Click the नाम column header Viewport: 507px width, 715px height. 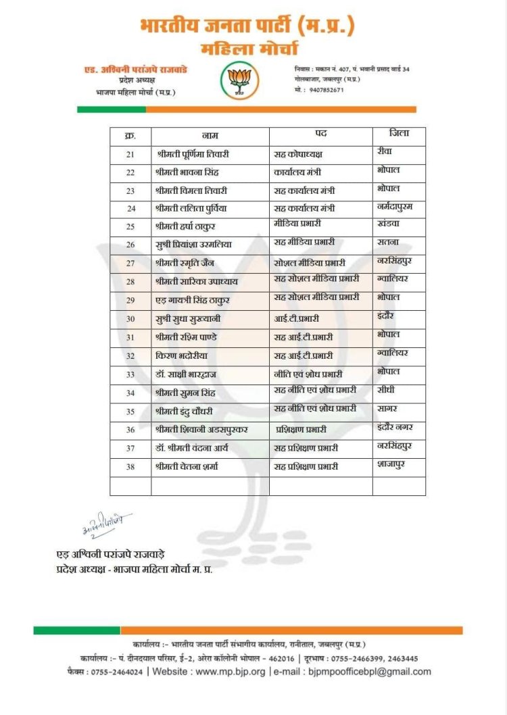pyautogui.click(x=210, y=135)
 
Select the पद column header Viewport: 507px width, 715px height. pyautogui.click(x=321, y=134)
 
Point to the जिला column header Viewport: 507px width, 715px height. pyautogui.click(x=399, y=134)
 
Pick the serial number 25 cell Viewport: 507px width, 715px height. pyautogui.click(x=130, y=226)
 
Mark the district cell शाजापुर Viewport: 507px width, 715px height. pyautogui.click(x=391, y=464)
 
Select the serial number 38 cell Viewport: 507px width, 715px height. pyautogui.click(x=130, y=466)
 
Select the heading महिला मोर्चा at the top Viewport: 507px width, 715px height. pyautogui.click(x=249, y=49)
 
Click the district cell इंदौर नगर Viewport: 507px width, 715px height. pyautogui.click(x=396, y=427)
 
